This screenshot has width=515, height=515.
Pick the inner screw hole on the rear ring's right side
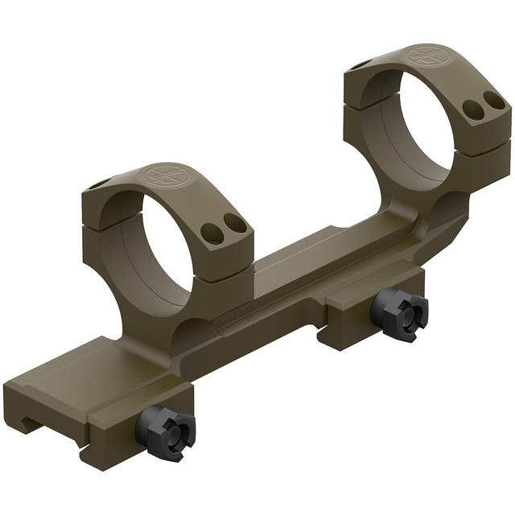click(475, 111)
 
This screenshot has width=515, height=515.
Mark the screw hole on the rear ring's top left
click(360, 64)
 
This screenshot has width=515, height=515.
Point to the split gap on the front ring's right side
click(225, 262)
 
